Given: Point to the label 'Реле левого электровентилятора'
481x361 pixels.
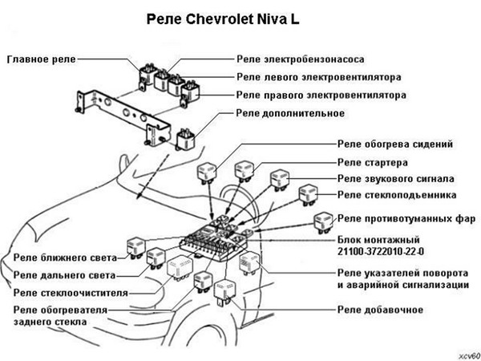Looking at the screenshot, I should click(x=319, y=77).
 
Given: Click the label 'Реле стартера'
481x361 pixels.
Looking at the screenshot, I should click(x=373, y=162).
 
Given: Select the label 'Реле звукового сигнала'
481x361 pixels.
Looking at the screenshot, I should click(x=396, y=178).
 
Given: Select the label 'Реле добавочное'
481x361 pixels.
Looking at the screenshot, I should click(x=380, y=310).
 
